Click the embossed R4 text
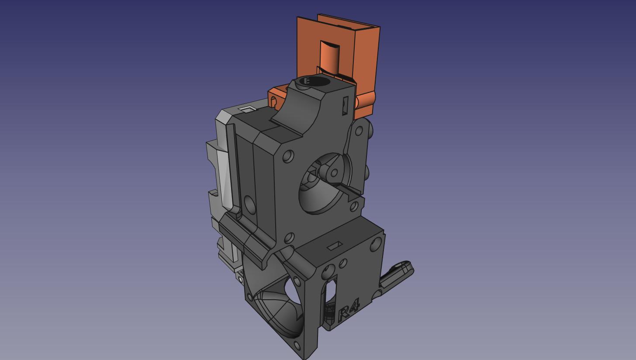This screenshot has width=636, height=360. coord(349,310)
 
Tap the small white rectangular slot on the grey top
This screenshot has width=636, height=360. coord(247,109)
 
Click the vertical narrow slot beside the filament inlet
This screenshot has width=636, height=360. coord(346,106)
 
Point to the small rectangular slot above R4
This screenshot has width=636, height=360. coord(335,246)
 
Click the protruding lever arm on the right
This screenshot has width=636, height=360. coord(397,276)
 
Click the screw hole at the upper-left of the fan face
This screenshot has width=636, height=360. coord(288,156)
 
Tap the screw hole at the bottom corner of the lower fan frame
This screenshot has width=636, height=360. coord(297,346)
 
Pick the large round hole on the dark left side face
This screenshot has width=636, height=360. coord(249,204)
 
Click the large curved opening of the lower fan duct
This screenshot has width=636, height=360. coord(280,310)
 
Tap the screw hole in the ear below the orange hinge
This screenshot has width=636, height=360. coord(359,131)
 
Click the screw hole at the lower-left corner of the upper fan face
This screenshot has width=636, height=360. coord(289,238)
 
